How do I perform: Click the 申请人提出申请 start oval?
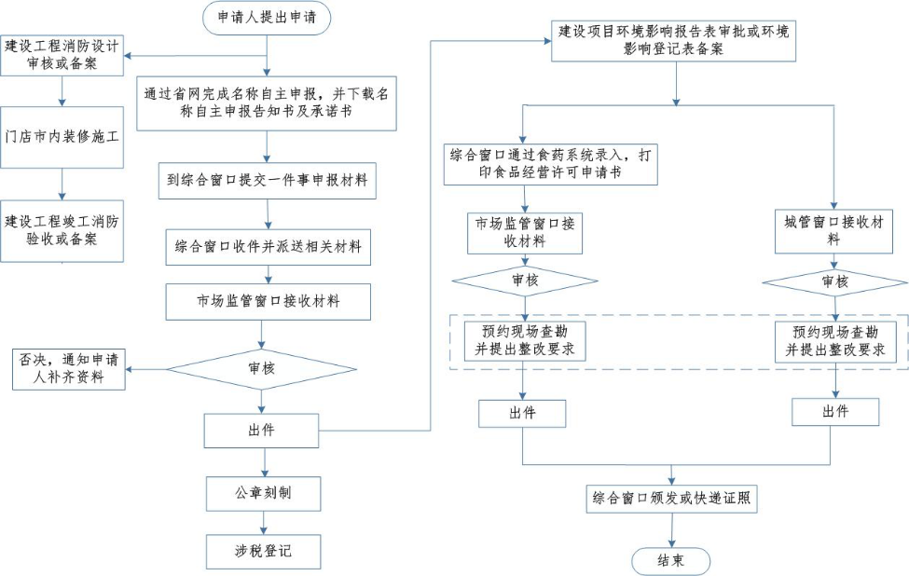pyautogui.click(x=267, y=17)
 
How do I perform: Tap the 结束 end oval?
pyautogui.click(x=670, y=560)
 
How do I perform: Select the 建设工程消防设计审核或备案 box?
pyautogui.click(x=62, y=56)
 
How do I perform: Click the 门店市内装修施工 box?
pyautogui.click(x=62, y=137)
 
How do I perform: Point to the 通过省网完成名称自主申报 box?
pyautogui.click(x=268, y=103)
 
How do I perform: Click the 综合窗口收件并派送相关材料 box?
pyautogui.click(x=268, y=248)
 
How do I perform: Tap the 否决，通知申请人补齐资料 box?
pyautogui.click(x=69, y=368)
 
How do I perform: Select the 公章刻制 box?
pyautogui.click(x=264, y=493)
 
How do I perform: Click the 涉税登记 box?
pyautogui.click(x=264, y=551)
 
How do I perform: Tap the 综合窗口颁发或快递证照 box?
pyautogui.click(x=671, y=499)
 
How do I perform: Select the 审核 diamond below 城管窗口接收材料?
pyautogui.click(x=834, y=281)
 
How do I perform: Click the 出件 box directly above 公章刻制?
pyautogui.click(x=262, y=430)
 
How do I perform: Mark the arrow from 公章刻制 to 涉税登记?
pyautogui.click(x=264, y=521)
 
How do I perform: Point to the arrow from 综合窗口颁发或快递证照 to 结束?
pyautogui.click(x=671, y=529)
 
